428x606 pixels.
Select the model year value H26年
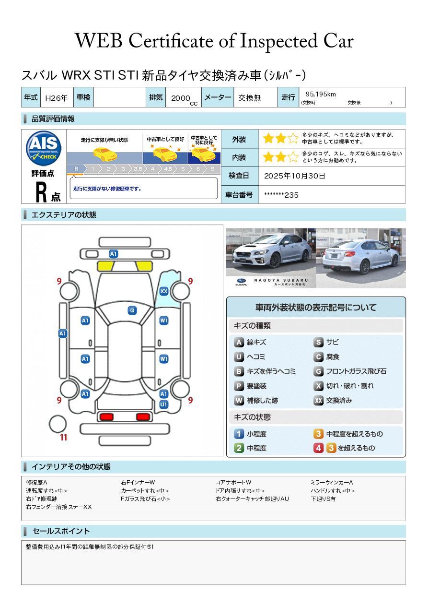pyautogui.click(x=56, y=98)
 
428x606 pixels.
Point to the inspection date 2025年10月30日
pyautogui.click(x=295, y=176)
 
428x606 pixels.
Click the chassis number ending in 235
pyautogui.click(x=281, y=195)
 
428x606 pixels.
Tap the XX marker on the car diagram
pyautogui.click(x=163, y=291)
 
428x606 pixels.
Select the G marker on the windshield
pyautogui.click(x=132, y=310)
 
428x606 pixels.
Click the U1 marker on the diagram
pyautogui.click(x=163, y=404)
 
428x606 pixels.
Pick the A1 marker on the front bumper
pyautogui.click(x=113, y=254)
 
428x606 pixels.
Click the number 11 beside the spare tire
pyautogui.click(x=63, y=438)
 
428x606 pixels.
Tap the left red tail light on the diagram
pyautogui.click(x=105, y=417)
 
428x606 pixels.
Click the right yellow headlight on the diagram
pyautogui.click(x=143, y=266)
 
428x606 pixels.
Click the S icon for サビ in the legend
pyautogui.click(x=318, y=343)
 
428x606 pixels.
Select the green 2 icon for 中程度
pyautogui.click(x=239, y=448)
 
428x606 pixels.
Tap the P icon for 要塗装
pyautogui.click(x=239, y=386)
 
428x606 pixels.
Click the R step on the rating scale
pyautogui.click(x=76, y=169)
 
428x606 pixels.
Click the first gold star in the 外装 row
pyautogui.click(x=268, y=139)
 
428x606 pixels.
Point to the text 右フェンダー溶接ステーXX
pyautogui.click(x=58, y=507)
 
